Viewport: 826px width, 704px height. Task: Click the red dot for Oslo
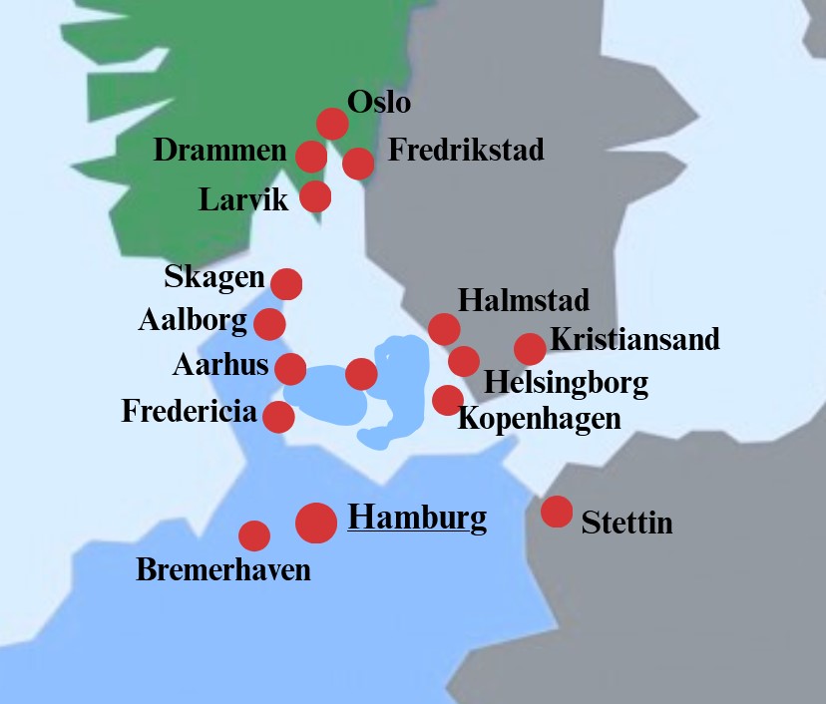[x=332, y=124]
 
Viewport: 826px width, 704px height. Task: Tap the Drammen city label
[x=219, y=152]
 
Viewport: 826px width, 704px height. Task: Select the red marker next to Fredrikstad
[x=358, y=162]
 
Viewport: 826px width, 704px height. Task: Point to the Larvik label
[x=243, y=199]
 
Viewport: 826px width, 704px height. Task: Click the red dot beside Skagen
[x=286, y=284]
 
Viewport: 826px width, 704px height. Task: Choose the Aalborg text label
[x=192, y=321]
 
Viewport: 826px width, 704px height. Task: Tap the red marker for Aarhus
[x=290, y=369]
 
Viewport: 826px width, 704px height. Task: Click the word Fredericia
[x=189, y=411]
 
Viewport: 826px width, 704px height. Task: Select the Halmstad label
[x=524, y=299]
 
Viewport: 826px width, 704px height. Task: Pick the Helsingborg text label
[x=566, y=382]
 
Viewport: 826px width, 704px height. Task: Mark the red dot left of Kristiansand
[x=530, y=349]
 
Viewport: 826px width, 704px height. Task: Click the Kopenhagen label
[x=539, y=418]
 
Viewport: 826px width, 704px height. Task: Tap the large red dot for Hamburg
[x=316, y=523]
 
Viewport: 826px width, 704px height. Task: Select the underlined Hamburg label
[x=417, y=518]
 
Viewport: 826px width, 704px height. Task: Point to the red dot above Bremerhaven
[x=254, y=535]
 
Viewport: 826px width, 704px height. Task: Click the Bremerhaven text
[x=223, y=570]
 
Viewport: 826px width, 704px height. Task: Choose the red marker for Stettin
[x=557, y=512]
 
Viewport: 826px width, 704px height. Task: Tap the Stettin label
[x=626, y=522]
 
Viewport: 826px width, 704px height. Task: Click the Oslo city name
[x=378, y=102]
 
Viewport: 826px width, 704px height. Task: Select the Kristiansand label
[x=634, y=339]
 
